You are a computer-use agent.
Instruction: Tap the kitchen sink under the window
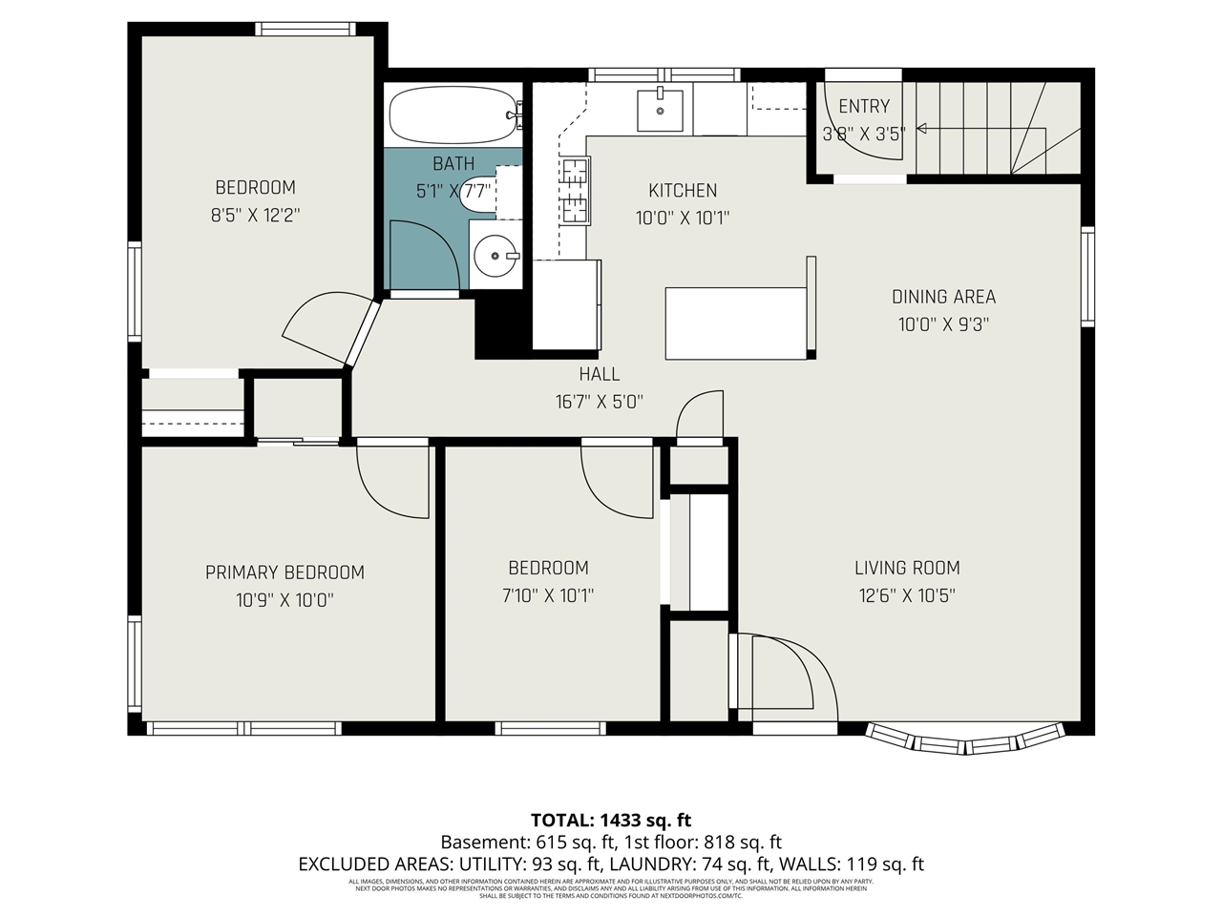tap(660, 109)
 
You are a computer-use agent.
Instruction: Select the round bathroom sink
tap(495, 255)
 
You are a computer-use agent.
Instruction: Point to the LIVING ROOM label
tap(906, 568)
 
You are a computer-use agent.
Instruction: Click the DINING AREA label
tap(943, 297)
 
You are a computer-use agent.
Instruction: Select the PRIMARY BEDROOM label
tap(284, 572)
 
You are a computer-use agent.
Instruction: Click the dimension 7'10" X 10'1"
tap(548, 596)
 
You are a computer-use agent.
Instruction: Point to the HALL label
tap(599, 374)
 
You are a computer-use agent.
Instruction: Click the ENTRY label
tap(863, 106)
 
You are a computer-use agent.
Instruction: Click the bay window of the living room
tap(964, 739)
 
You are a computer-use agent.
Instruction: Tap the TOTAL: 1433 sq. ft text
tap(611, 820)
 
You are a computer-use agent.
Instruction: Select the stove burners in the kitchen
tap(575, 190)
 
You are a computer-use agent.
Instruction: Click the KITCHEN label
tap(683, 190)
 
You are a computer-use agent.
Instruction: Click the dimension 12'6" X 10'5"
tap(906, 596)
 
